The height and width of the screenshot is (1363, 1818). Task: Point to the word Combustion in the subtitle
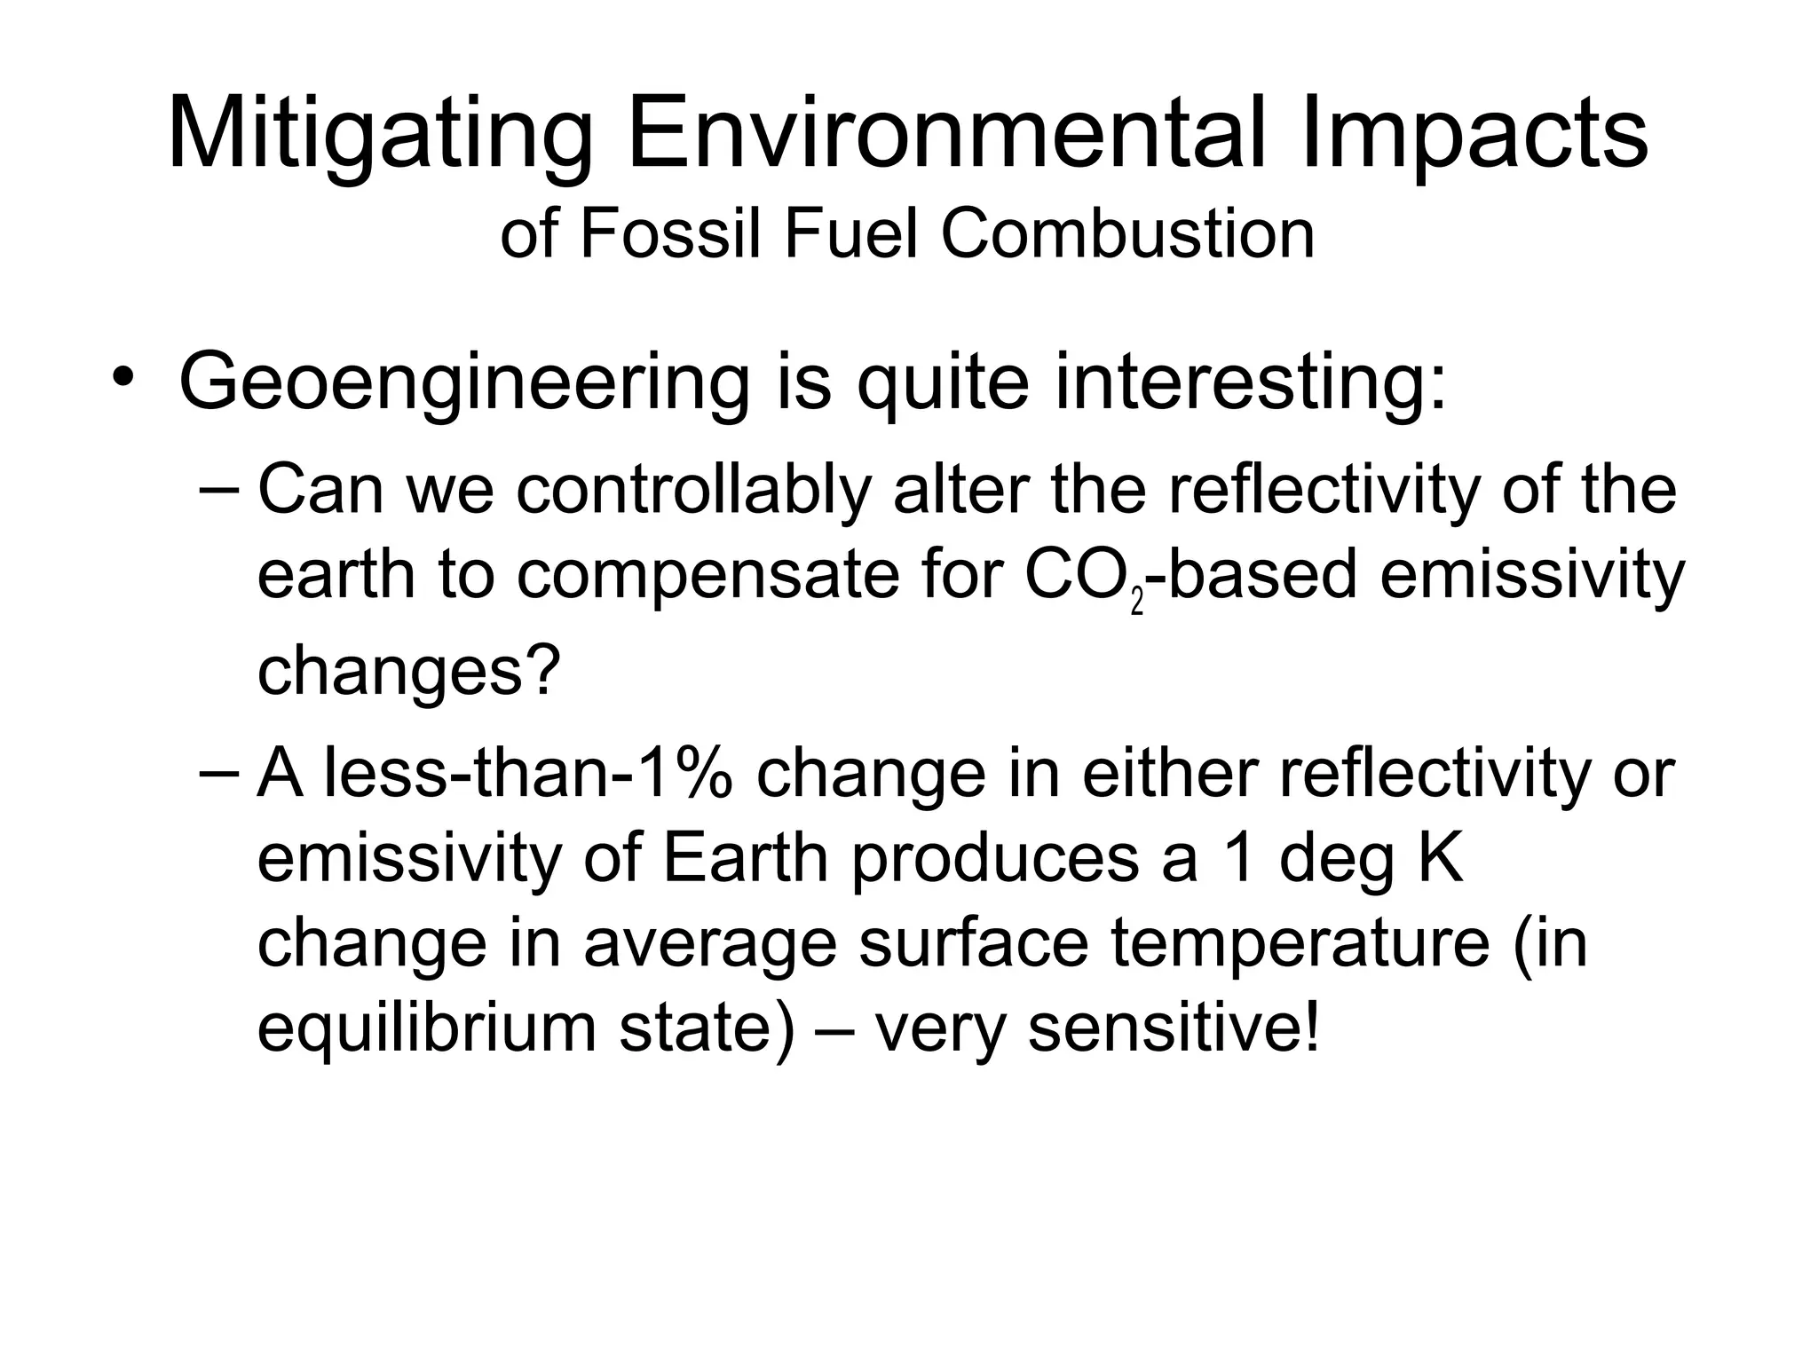click(1127, 234)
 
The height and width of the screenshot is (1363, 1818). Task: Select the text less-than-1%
click(527, 774)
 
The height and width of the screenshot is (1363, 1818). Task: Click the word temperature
click(1300, 943)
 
